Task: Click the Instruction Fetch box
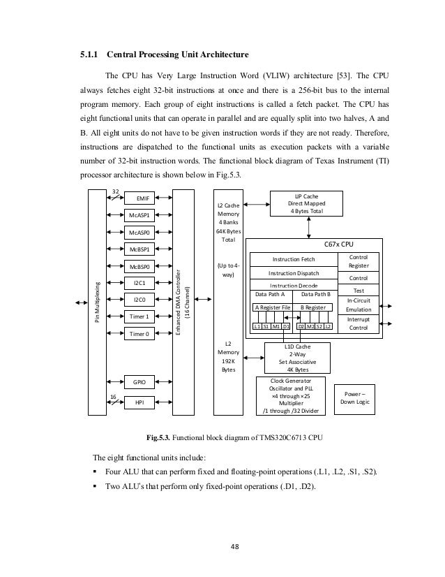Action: tap(294, 259)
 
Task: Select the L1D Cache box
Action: tap(299, 356)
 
